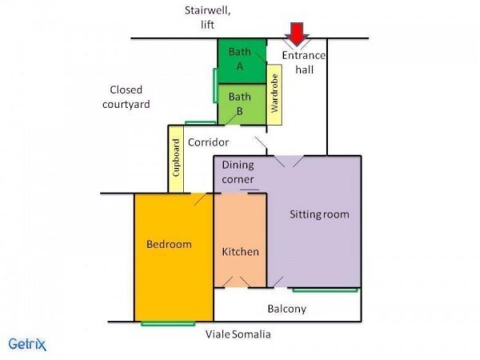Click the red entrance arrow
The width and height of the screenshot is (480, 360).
pos(297,34)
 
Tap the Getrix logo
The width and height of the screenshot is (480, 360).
pos(27,344)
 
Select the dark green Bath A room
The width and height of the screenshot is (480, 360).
pos(241,60)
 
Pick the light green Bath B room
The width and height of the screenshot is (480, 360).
pos(241,104)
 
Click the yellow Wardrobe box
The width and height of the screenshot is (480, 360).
pos(274,95)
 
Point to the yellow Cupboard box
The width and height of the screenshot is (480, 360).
pos(176,159)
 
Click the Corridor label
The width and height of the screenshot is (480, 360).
pos(208,142)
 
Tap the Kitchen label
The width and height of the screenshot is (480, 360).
pos(240,252)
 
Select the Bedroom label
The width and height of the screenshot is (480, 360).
pos(169,244)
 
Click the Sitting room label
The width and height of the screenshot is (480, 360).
pos(319,214)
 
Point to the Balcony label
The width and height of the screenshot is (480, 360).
pos(287,309)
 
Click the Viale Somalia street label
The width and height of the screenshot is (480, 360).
pos(238,334)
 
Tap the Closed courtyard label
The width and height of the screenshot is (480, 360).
pos(126,97)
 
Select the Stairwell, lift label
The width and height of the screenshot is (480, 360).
pos(207,17)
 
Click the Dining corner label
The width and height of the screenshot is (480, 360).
pos(238,172)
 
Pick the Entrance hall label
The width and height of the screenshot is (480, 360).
pos(303,62)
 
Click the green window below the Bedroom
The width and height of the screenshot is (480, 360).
pos(168,324)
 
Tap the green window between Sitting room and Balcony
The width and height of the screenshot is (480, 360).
pos(325,290)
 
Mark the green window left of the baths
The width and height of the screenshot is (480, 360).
pos(215,86)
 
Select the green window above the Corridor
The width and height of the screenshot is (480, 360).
pos(200,123)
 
